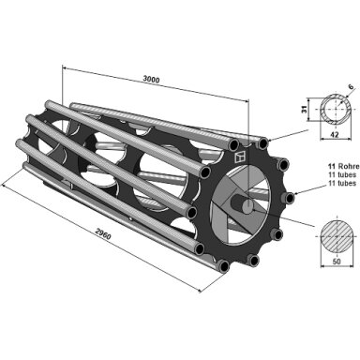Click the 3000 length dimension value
tap(151, 80)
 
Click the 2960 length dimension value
tap(103, 233)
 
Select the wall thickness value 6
tap(352, 87)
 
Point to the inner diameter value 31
tap(303, 109)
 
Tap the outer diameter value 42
tap(336, 135)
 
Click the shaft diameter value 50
tap(337, 262)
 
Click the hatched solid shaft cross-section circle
tap(337, 235)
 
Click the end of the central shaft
tap(247, 206)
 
